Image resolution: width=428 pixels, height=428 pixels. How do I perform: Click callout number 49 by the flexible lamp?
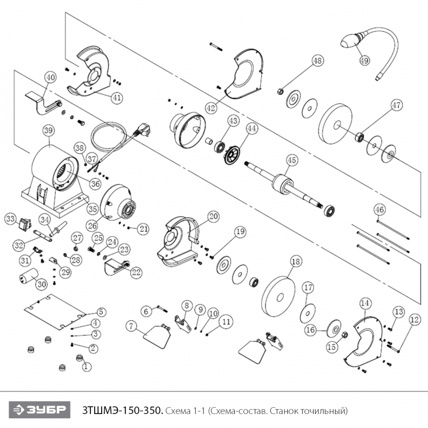(365, 61)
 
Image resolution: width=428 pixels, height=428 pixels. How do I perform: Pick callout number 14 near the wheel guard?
(365, 303)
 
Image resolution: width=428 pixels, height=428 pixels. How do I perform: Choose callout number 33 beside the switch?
(10, 218)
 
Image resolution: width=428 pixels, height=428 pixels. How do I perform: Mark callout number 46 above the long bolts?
(380, 210)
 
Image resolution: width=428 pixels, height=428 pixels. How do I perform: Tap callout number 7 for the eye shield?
(131, 327)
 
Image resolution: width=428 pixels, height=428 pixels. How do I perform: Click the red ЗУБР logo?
(39, 410)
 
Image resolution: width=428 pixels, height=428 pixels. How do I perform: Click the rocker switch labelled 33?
(26, 223)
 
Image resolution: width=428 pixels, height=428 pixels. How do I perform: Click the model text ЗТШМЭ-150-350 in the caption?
(122, 410)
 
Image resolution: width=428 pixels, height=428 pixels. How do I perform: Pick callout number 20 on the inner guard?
(213, 216)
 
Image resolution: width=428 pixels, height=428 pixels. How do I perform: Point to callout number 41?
(117, 97)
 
